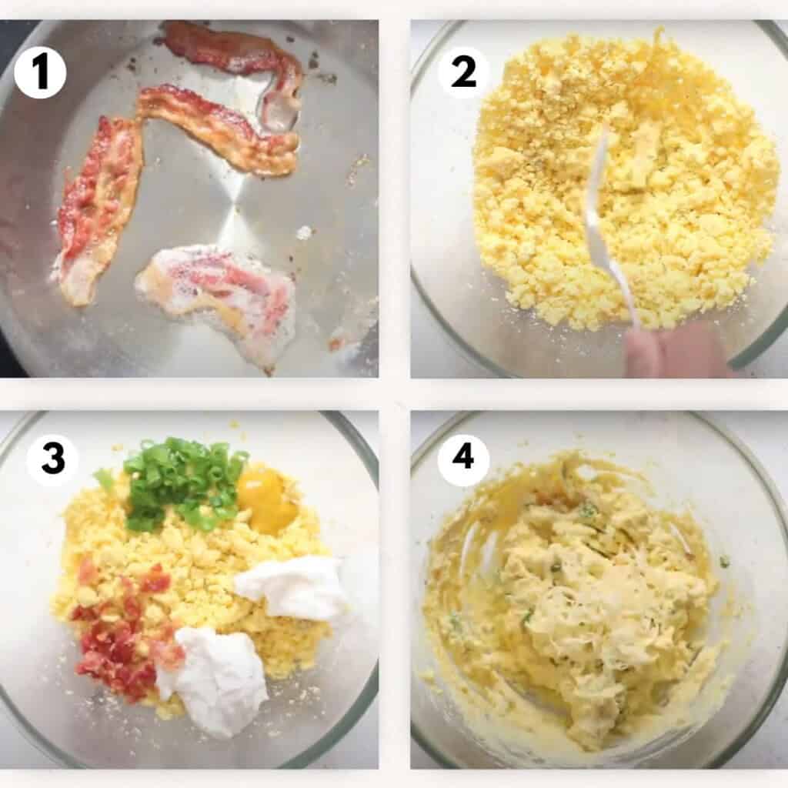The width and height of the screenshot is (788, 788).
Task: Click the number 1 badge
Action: [40, 72]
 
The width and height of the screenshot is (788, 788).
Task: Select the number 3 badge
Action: [52, 460]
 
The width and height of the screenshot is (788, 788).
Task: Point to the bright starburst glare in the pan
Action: [231, 223]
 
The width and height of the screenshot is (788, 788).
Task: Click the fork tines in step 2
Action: [596, 177]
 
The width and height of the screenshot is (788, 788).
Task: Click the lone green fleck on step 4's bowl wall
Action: [725, 563]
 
